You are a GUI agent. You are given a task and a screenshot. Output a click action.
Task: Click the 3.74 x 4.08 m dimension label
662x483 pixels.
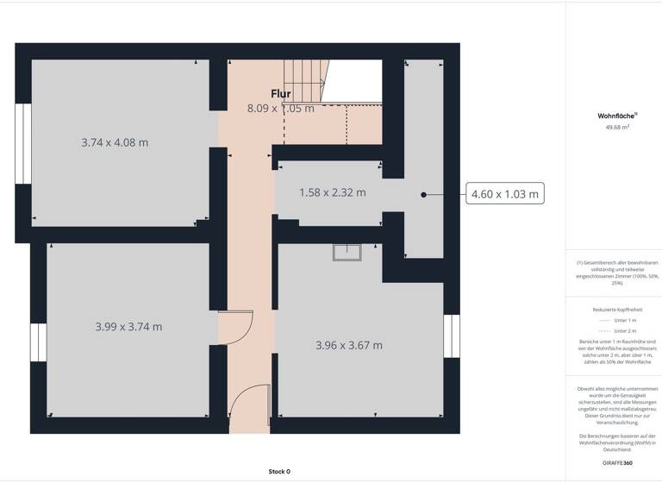click(x=115, y=142)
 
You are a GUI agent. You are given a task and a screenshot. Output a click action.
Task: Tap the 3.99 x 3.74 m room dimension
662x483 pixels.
click(x=128, y=327)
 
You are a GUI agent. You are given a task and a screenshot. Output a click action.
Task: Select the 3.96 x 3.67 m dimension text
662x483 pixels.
click(x=349, y=346)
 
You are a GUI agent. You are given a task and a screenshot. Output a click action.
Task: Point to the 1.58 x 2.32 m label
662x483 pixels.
click(x=332, y=192)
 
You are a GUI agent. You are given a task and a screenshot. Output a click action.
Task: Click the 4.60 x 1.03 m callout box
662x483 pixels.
click(x=505, y=195)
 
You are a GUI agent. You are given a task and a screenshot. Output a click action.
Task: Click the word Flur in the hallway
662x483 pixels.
click(x=281, y=94)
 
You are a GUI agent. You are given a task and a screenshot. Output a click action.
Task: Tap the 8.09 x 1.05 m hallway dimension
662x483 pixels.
click(x=280, y=109)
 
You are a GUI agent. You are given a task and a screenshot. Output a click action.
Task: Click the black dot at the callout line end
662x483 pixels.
click(x=423, y=195)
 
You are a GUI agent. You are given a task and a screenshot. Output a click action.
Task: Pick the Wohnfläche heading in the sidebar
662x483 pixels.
click(x=616, y=115)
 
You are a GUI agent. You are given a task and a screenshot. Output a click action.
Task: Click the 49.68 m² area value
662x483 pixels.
click(x=617, y=128)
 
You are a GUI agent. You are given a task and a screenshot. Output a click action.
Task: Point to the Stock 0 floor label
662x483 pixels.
click(x=279, y=472)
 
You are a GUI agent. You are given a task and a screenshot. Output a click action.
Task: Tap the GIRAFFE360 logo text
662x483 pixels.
click(x=616, y=463)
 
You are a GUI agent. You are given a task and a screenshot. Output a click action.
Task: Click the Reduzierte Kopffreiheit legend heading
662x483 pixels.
click(x=616, y=310)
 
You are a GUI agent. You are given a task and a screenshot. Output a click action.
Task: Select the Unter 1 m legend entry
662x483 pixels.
click(x=617, y=320)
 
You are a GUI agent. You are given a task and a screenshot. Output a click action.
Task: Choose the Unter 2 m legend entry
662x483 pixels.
click(x=617, y=331)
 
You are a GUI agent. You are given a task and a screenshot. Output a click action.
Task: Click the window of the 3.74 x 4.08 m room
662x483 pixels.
click(x=22, y=144)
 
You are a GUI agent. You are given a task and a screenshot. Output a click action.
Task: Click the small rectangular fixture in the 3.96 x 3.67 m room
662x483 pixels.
click(x=349, y=252)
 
